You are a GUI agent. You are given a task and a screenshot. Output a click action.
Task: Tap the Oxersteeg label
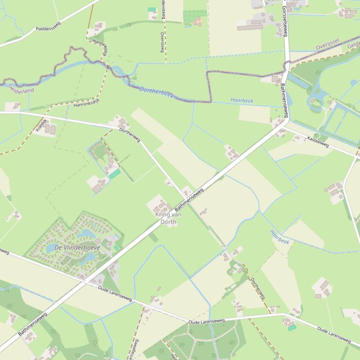tap(162, 42)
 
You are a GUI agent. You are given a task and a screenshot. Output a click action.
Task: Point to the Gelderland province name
tap(22, 88)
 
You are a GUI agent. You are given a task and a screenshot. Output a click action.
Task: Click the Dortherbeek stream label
tap(156, 92)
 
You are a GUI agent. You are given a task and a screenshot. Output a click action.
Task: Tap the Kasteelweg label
tap(318, 142)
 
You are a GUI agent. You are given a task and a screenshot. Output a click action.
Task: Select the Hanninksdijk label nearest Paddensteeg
tap(100, 48)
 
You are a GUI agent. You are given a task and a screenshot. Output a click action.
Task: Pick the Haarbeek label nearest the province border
tap(242, 100)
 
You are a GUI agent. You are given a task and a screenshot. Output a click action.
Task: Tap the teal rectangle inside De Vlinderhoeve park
tap(116, 248)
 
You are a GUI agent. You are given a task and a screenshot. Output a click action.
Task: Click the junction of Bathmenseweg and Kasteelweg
tap(285, 124)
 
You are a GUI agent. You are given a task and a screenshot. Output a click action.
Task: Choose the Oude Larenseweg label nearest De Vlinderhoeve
tap(115, 293)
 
